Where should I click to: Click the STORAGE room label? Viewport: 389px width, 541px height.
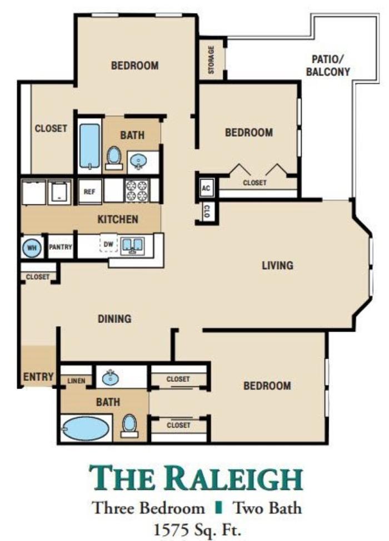[211, 60]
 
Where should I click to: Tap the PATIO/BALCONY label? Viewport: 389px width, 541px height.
[328, 65]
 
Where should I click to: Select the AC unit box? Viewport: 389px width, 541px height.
[206, 189]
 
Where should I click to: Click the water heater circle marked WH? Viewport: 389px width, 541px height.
[32, 247]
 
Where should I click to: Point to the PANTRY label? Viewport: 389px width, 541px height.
[61, 247]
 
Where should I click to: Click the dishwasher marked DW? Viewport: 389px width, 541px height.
[108, 244]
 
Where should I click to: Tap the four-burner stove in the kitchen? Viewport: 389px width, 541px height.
[137, 190]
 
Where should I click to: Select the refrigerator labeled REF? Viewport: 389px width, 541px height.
[89, 191]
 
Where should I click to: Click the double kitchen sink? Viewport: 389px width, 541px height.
[132, 245]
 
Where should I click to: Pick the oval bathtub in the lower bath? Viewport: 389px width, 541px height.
[86, 428]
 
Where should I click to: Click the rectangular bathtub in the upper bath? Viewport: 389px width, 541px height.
[89, 146]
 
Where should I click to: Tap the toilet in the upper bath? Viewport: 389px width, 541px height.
[114, 158]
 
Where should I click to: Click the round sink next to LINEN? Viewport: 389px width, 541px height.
[111, 378]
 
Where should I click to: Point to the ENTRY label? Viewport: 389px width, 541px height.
[38, 377]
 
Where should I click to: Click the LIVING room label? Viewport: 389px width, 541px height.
[277, 265]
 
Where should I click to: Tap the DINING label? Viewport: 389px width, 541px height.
[114, 318]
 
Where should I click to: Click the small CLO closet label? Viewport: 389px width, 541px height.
[206, 211]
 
